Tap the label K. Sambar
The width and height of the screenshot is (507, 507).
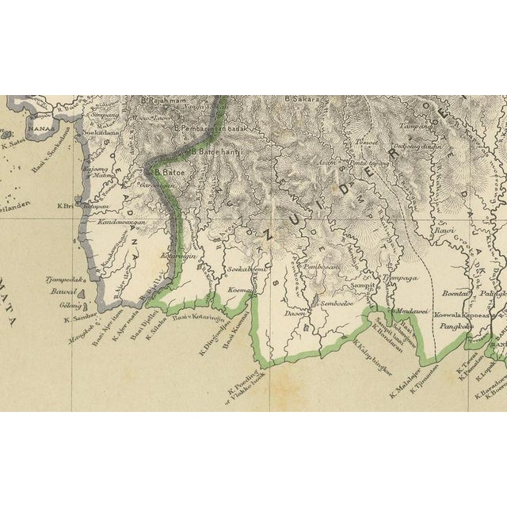(77, 319)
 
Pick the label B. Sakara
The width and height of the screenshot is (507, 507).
(301, 99)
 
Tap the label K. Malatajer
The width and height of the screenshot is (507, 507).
(406, 383)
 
